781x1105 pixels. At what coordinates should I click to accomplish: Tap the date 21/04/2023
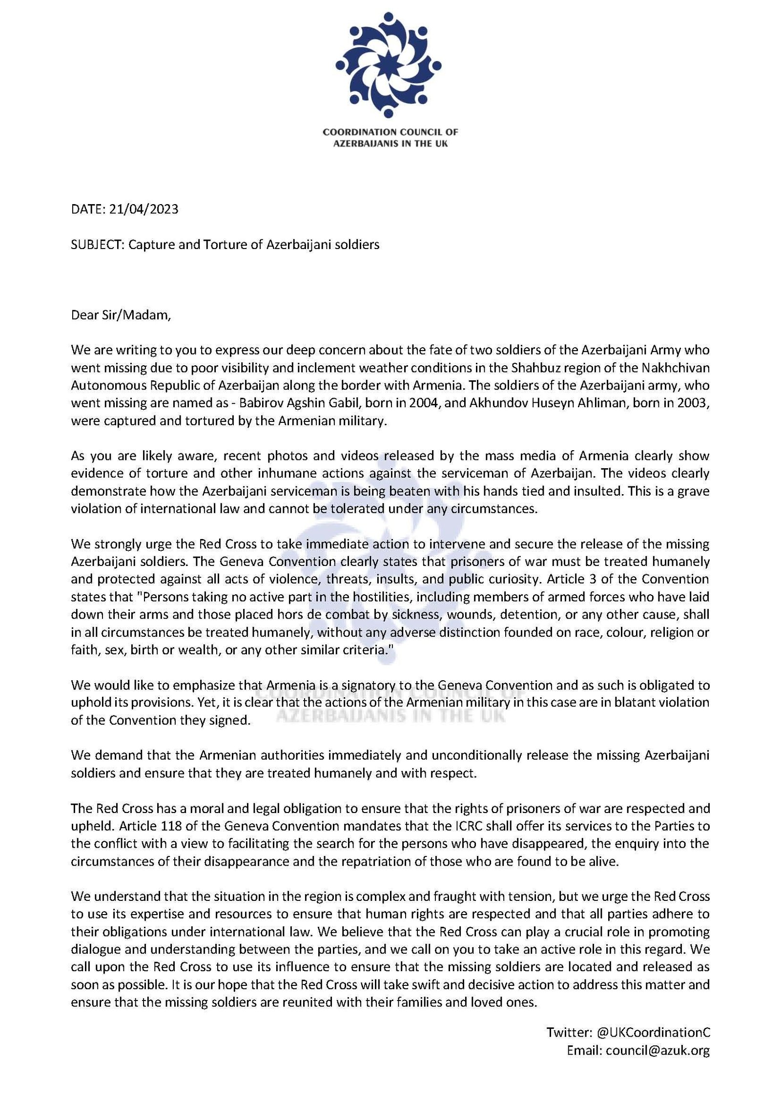tap(144, 209)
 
